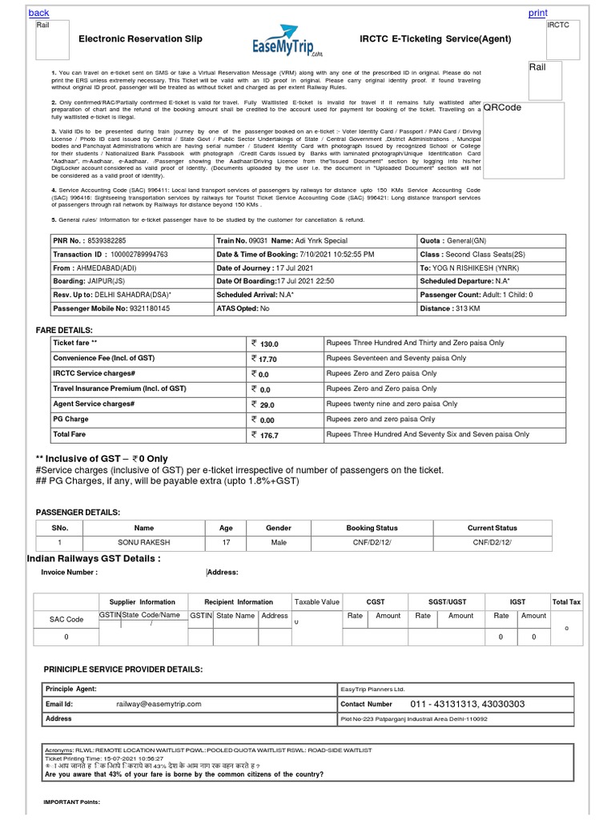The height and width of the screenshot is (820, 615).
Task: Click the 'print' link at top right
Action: [537, 14]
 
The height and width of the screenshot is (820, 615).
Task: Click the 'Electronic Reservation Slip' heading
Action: [140, 38]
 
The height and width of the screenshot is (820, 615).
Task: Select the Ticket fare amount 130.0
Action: [269, 343]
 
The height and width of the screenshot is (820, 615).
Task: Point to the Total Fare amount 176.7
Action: [269, 435]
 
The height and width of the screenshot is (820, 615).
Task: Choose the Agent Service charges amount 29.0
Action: [267, 404]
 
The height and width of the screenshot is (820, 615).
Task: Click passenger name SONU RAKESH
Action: [144, 542]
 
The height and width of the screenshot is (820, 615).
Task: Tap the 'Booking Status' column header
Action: [372, 529]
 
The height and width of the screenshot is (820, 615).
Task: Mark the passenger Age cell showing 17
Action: [226, 542]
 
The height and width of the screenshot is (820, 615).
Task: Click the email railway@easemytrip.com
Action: [159, 704]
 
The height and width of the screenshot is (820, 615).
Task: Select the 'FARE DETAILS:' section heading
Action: [65, 330]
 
